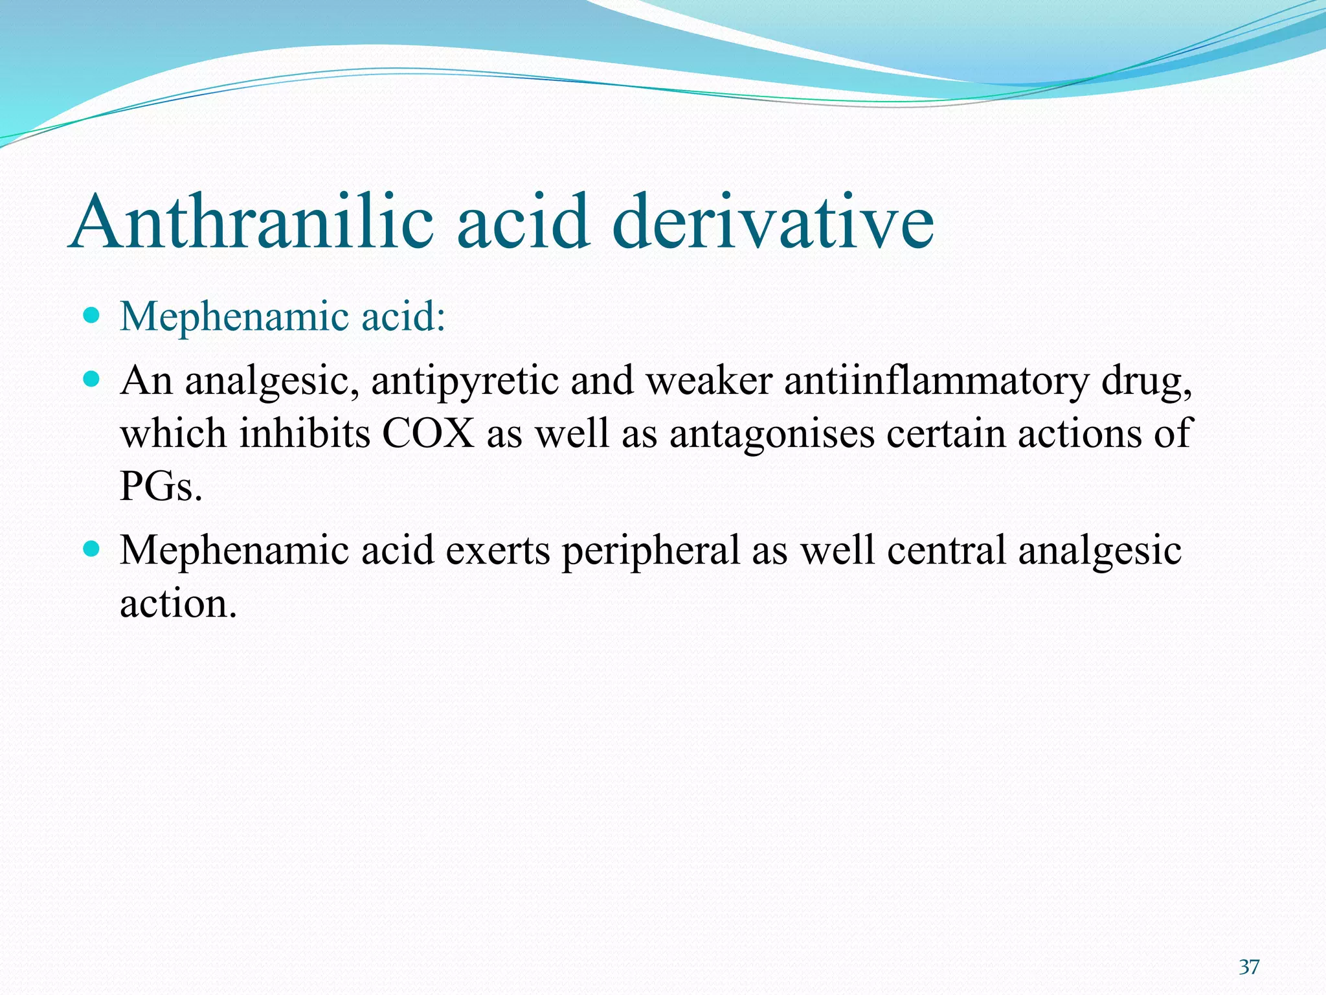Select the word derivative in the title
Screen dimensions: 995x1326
(772, 222)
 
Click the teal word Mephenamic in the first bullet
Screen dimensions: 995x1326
(234, 317)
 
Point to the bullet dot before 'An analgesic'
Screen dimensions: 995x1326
(92, 378)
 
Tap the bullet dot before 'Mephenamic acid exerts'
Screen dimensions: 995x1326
(92, 549)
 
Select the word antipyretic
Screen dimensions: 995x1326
(465, 380)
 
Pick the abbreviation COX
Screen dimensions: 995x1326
(429, 433)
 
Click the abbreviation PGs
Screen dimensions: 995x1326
(161, 486)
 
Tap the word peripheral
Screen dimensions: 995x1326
(650, 551)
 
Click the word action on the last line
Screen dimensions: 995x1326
(178, 604)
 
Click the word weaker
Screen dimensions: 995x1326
(710, 380)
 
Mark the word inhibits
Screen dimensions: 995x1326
(305, 433)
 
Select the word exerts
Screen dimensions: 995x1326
(498, 551)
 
